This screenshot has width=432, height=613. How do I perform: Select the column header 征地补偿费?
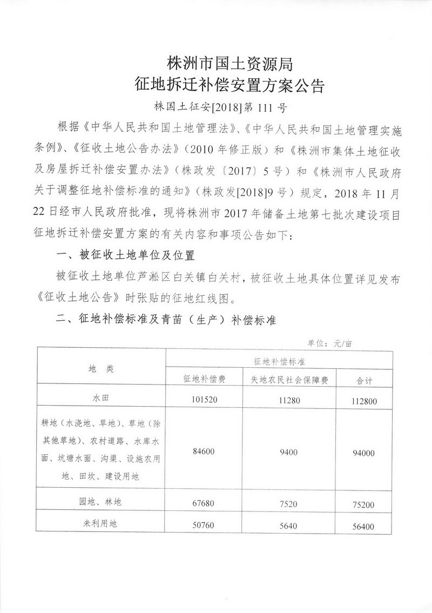coord(205,379)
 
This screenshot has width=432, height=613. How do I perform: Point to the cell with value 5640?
coord(289,524)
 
